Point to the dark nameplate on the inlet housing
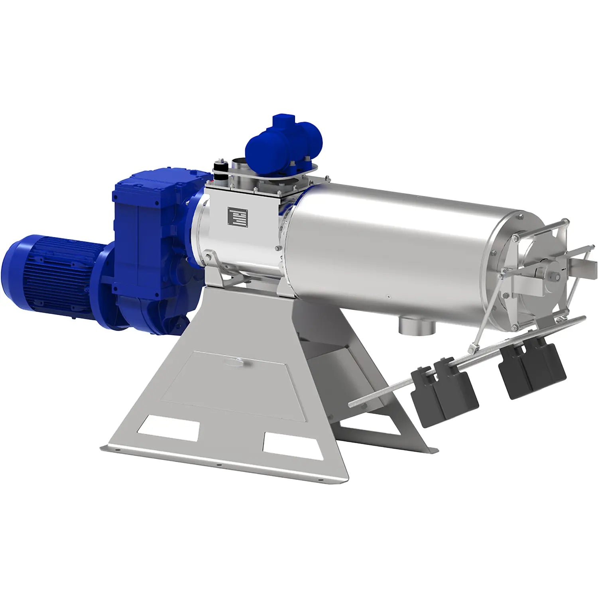pyautogui.click(x=237, y=217)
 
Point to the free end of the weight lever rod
pyautogui.click(x=353, y=405)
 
